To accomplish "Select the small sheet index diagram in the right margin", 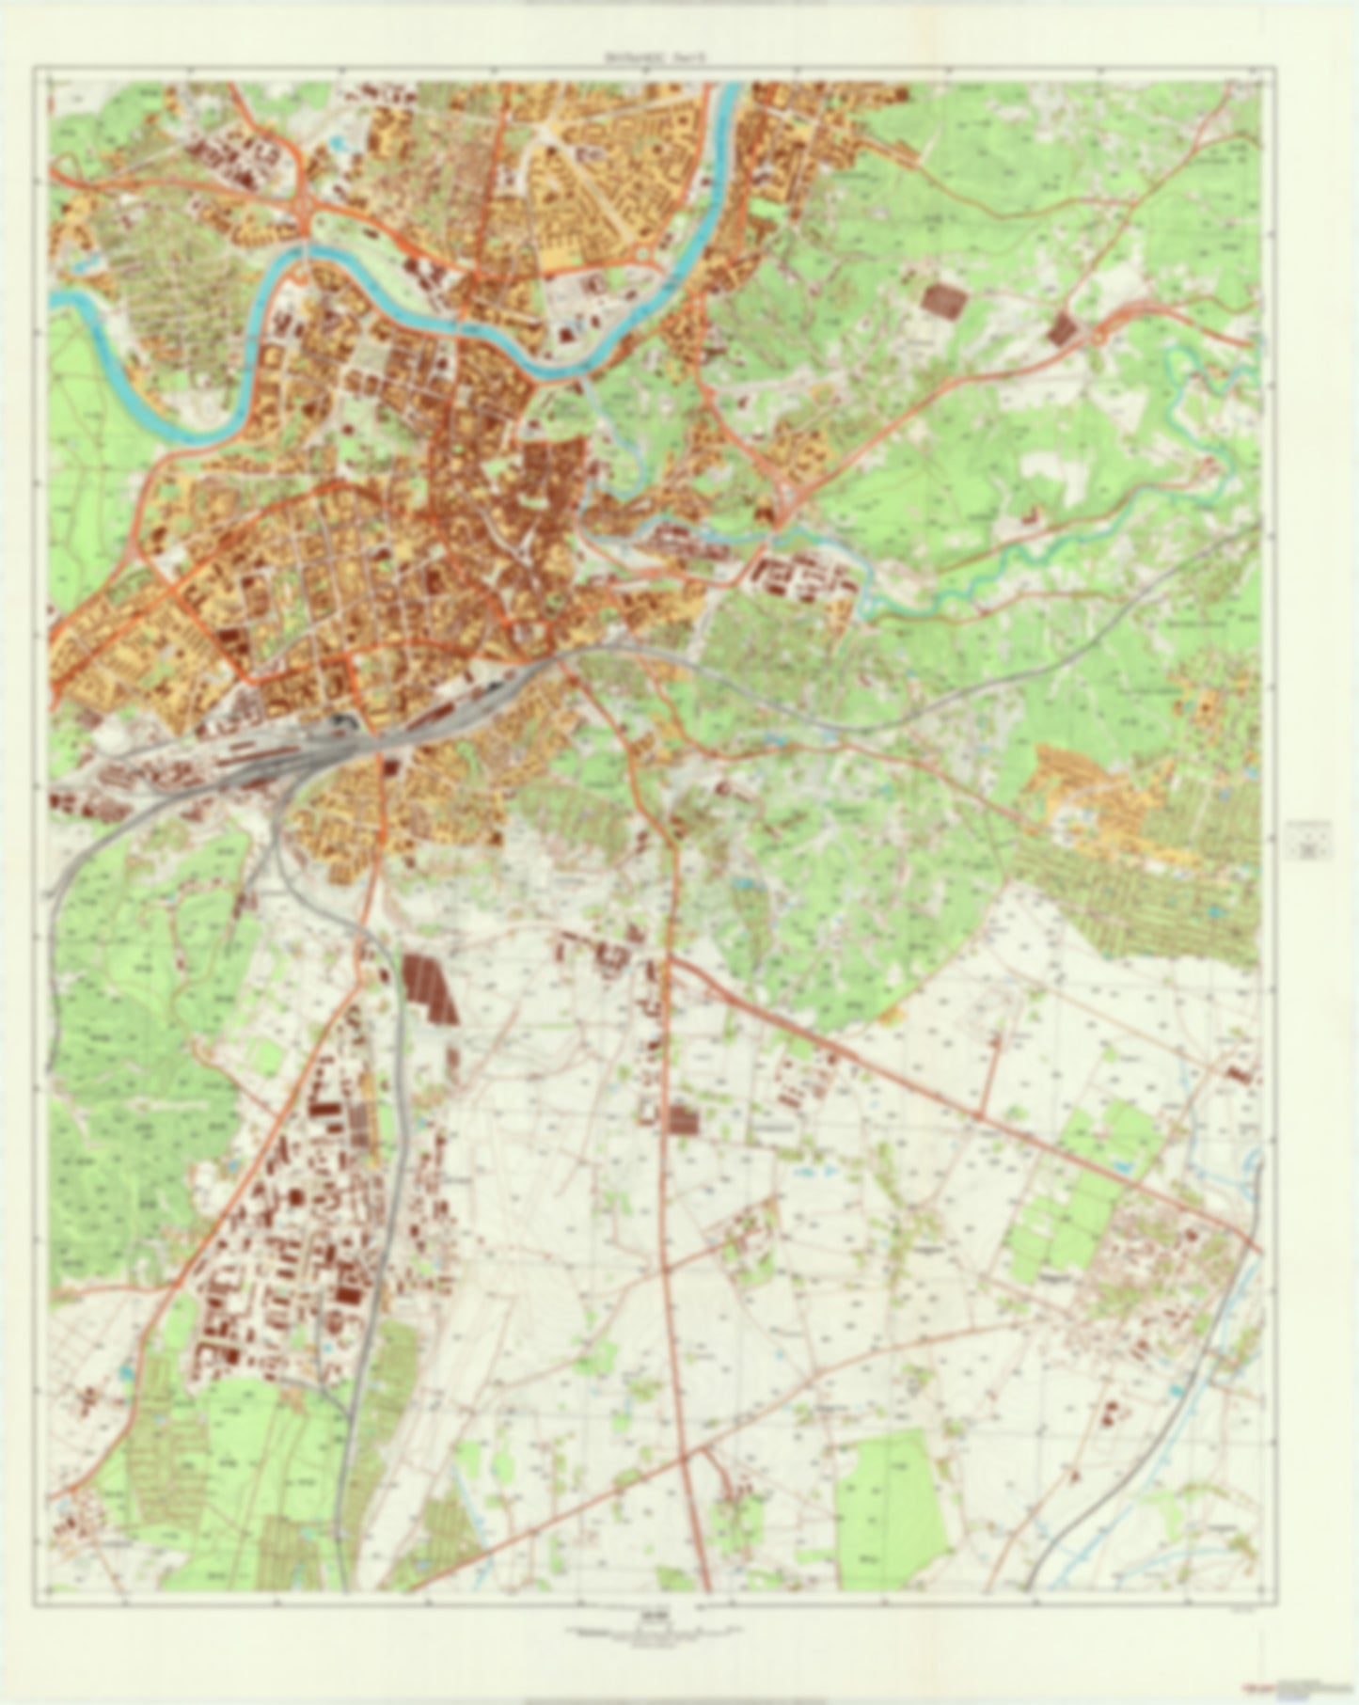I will [1307, 840].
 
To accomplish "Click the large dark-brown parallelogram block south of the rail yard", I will [430, 988].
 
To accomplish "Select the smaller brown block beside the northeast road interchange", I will [1063, 328].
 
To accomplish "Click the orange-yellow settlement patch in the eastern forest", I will [1100, 799].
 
